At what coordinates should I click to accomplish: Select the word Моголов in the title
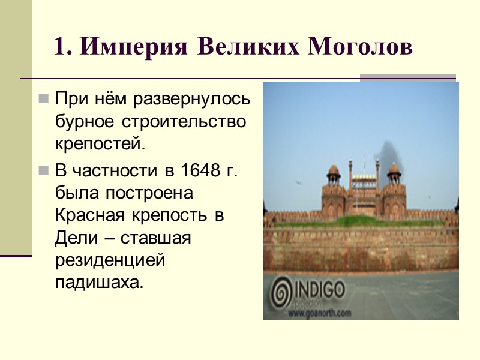tap(360, 47)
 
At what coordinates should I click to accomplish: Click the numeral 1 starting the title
tap(59, 47)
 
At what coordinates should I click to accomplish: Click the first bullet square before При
tap(43, 98)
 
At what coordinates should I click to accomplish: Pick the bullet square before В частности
tap(43, 171)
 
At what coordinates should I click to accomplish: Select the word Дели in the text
tap(73, 238)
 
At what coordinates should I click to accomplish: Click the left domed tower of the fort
tap(334, 174)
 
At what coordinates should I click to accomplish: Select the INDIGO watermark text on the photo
tap(319, 291)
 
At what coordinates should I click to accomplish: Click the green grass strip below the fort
tap(360, 222)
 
